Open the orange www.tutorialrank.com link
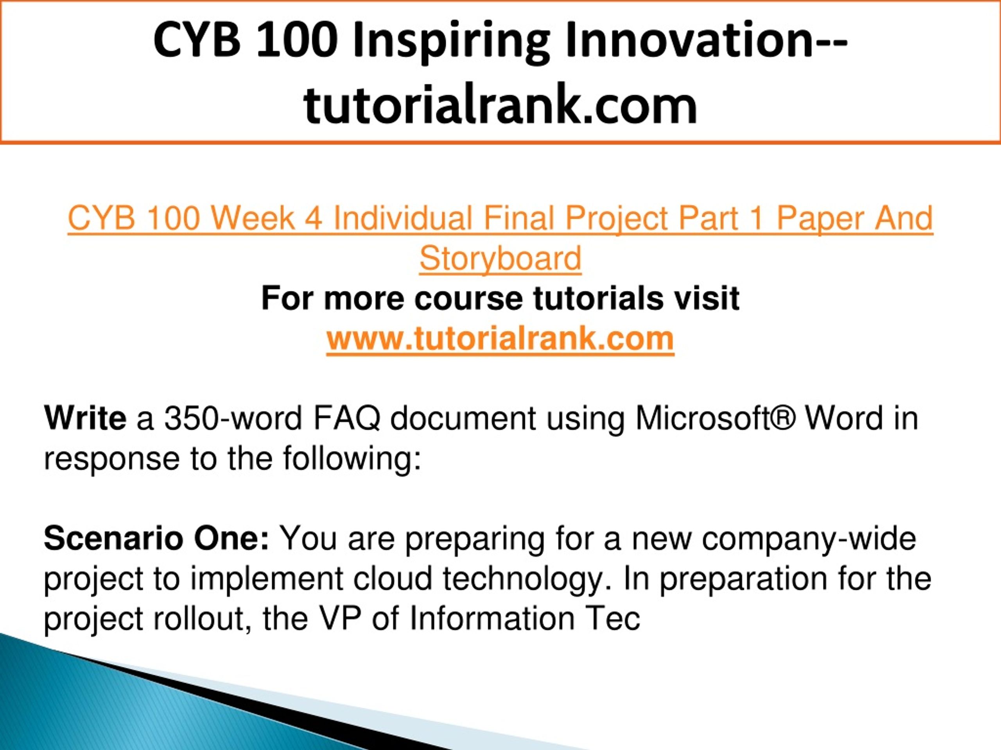click(x=500, y=339)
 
